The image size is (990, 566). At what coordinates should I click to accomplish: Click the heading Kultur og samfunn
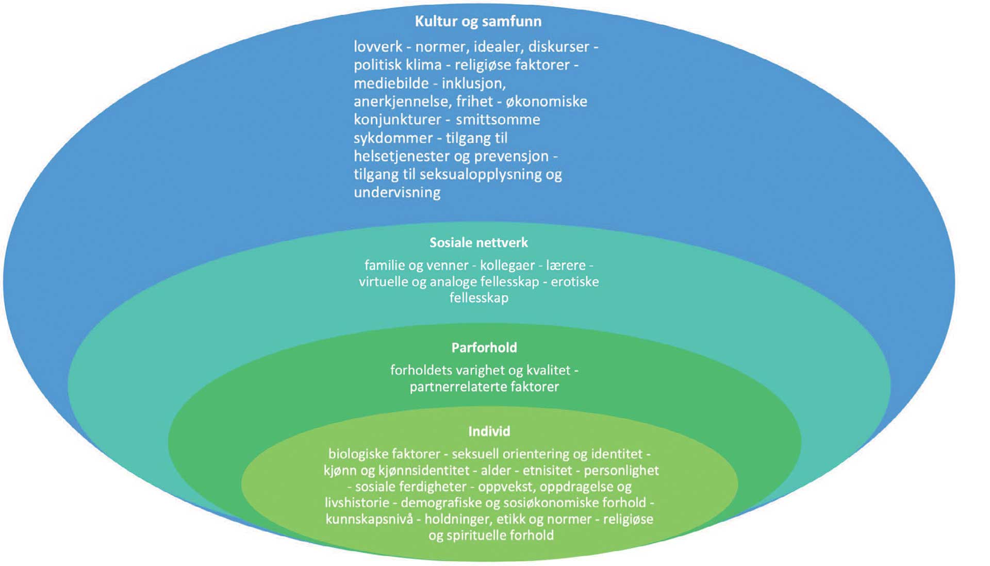click(x=478, y=22)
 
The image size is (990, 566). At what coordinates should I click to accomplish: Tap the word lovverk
click(x=378, y=47)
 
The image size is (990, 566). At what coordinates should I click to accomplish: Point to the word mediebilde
click(x=391, y=84)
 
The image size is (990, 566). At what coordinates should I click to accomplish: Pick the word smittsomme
click(x=498, y=120)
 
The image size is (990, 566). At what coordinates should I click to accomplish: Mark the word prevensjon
click(x=518, y=156)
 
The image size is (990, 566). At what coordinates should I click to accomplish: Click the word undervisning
click(x=397, y=193)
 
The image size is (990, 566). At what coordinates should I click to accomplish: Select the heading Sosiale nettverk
click(x=478, y=243)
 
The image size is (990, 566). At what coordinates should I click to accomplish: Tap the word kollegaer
click(x=507, y=265)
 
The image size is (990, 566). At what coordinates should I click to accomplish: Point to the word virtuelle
click(x=382, y=282)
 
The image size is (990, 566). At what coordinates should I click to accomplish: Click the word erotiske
click(x=574, y=282)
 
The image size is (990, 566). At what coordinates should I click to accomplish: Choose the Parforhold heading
click(x=484, y=348)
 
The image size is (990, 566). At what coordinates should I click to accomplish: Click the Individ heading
click(x=489, y=431)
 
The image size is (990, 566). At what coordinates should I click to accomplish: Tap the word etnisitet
click(x=547, y=471)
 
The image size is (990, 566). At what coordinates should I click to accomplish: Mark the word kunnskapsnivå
click(x=369, y=519)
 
